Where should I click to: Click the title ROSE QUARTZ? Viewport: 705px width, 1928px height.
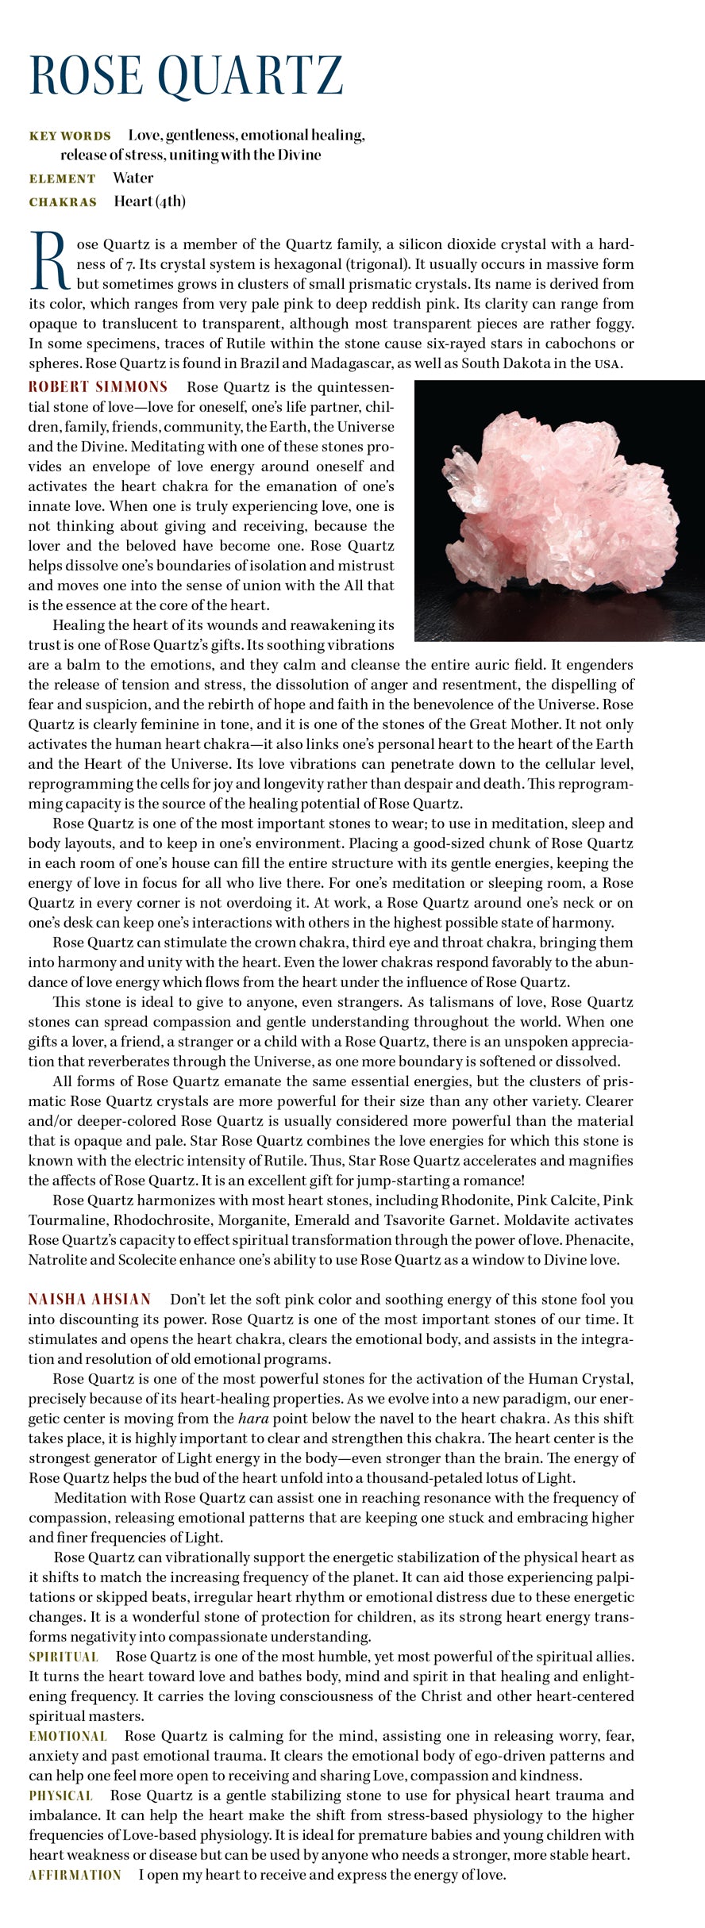click(x=186, y=76)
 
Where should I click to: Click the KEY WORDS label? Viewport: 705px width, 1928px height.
click(x=70, y=136)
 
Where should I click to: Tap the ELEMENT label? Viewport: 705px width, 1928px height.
click(x=62, y=179)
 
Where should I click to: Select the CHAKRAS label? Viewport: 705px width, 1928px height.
click(x=63, y=202)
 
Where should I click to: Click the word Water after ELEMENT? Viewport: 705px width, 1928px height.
click(x=133, y=178)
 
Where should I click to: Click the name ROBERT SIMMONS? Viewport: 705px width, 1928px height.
click(x=98, y=387)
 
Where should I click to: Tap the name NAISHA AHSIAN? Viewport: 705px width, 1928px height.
click(x=90, y=1299)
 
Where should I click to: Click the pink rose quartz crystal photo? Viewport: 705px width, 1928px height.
click(x=559, y=510)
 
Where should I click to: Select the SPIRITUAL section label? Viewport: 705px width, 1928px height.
click(x=64, y=1657)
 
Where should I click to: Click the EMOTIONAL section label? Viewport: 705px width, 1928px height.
click(x=67, y=1736)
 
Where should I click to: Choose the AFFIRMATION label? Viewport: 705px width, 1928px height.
click(x=75, y=1875)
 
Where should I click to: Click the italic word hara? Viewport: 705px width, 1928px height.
click(x=252, y=1418)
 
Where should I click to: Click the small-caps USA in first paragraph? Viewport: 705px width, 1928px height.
click(x=607, y=364)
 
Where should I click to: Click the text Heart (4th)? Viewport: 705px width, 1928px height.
click(x=149, y=201)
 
